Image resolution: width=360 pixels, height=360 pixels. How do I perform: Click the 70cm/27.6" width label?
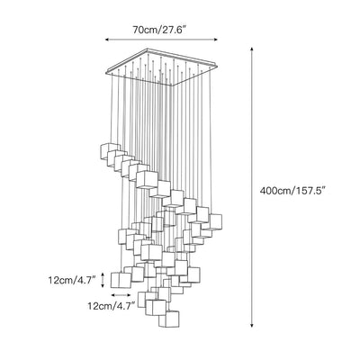[159, 30]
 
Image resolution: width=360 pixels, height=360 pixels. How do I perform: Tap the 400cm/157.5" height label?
[292, 191]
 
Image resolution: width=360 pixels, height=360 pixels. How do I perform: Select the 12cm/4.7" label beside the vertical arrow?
[72, 280]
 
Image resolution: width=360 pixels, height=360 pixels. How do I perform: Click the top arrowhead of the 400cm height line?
[252, 49]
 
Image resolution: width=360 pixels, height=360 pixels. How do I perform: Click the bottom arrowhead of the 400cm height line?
[252, 325]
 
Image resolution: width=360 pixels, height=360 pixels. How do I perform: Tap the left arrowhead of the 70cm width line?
[107, 40]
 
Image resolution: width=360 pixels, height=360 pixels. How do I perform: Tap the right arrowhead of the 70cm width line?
[215, 40]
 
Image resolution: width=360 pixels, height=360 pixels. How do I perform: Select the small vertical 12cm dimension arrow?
[103, 280]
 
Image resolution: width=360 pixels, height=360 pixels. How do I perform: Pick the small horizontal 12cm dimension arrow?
[121, 295]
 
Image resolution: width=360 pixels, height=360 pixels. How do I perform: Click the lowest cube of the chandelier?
[169, 319]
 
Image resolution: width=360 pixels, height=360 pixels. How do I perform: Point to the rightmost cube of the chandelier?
[213, 221]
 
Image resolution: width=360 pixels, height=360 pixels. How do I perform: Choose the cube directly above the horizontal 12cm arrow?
[121, 280]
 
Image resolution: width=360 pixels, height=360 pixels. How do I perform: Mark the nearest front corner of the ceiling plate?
[172, 85]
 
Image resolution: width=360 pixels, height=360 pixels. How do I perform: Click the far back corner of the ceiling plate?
[148, 49]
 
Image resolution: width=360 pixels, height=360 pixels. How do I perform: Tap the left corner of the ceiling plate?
[106, 71]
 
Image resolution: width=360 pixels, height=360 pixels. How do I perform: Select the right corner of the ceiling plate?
[217, 64]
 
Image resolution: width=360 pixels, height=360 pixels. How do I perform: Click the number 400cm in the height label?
[274, 191]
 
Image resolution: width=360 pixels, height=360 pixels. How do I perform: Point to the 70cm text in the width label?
[143, 30]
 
